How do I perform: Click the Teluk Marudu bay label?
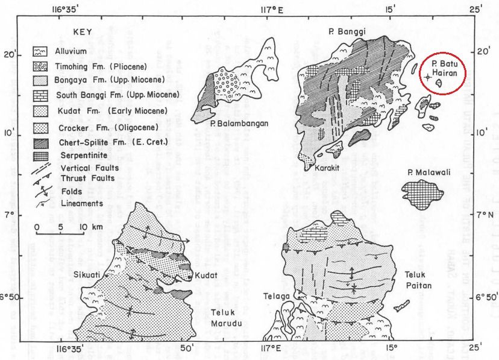coord(228,317)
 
